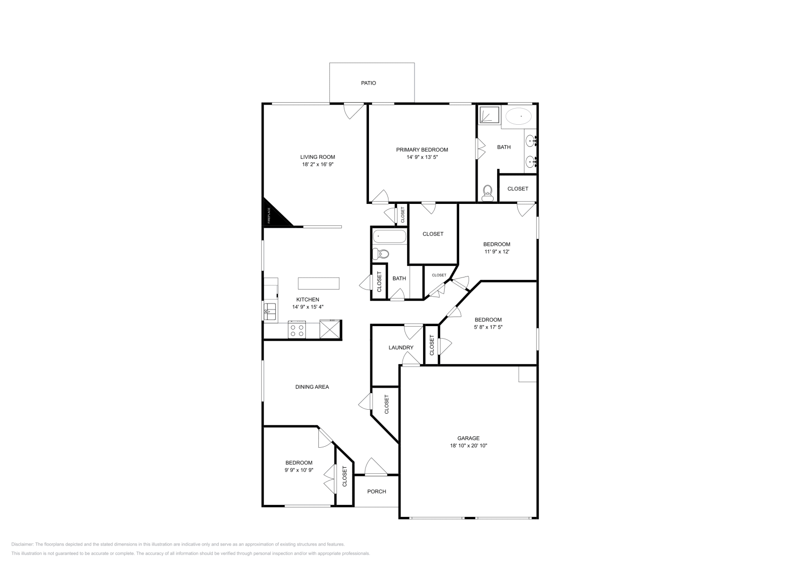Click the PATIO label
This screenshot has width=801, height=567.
click(x=368, y=83)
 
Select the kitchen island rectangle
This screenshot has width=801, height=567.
click(x=318, y=283)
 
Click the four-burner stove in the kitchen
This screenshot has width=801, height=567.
click(x=296, y=330)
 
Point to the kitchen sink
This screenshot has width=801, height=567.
click(x=269, y=311)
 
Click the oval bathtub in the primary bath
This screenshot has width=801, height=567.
click(x=518, y=117)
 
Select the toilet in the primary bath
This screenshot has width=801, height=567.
click(x=487, y=192)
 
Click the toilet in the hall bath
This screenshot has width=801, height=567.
click(x=381, y=253)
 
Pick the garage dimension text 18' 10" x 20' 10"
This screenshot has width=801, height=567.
click(x=468, y=445)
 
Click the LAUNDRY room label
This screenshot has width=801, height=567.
click(x=401, y=348)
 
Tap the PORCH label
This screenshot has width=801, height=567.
click(x=376, y=491)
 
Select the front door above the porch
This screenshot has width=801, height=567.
click(x=376, y=467)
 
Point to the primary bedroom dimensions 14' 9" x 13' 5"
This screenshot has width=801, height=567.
click(x=422, y=157)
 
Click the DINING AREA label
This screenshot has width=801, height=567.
click(x=312, y=387)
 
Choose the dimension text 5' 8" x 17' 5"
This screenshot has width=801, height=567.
click(x=488, y=327)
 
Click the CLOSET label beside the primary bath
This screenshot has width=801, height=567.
click(x=518, y=189)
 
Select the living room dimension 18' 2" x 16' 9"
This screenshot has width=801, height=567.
click(x=317, y=164)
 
